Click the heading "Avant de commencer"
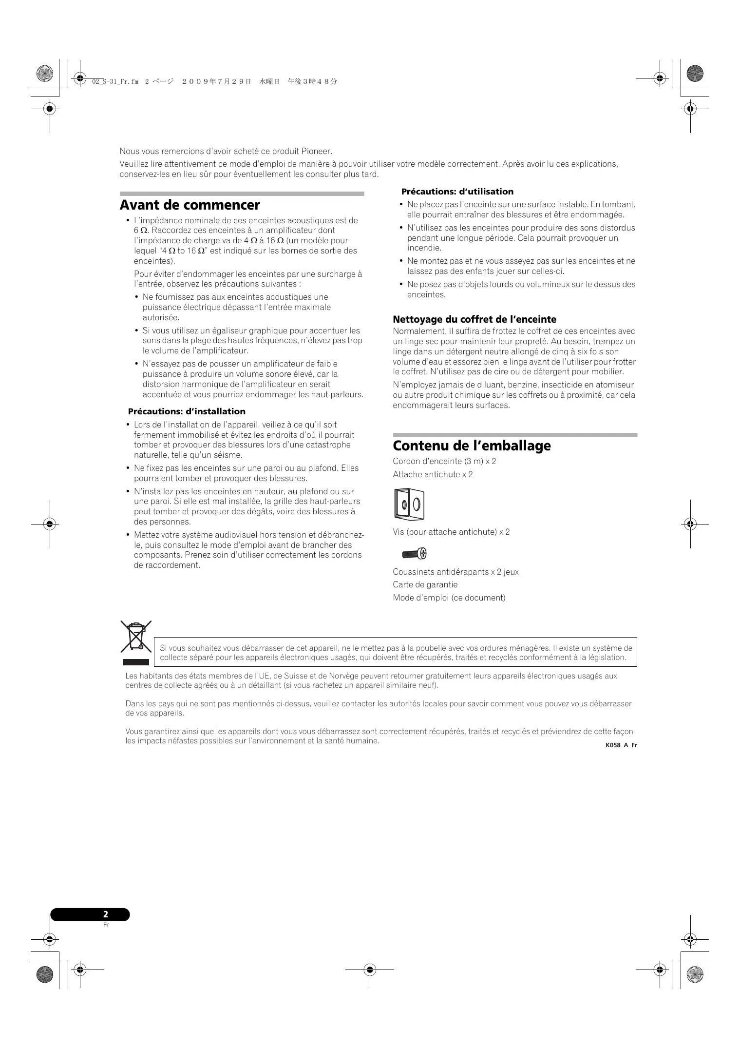190,205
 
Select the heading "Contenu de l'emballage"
472,446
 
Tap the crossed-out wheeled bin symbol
136,637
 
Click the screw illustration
415,554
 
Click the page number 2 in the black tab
106,914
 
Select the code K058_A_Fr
621,745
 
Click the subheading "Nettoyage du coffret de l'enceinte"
474,320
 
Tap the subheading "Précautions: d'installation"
187,411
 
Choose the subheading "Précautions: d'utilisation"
457,192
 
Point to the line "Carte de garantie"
425,584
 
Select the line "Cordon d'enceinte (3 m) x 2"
444,461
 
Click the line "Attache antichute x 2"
433,474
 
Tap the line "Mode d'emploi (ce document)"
449,598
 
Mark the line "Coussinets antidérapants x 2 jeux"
456,572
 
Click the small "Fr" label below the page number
106,925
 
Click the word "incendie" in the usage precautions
423,248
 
